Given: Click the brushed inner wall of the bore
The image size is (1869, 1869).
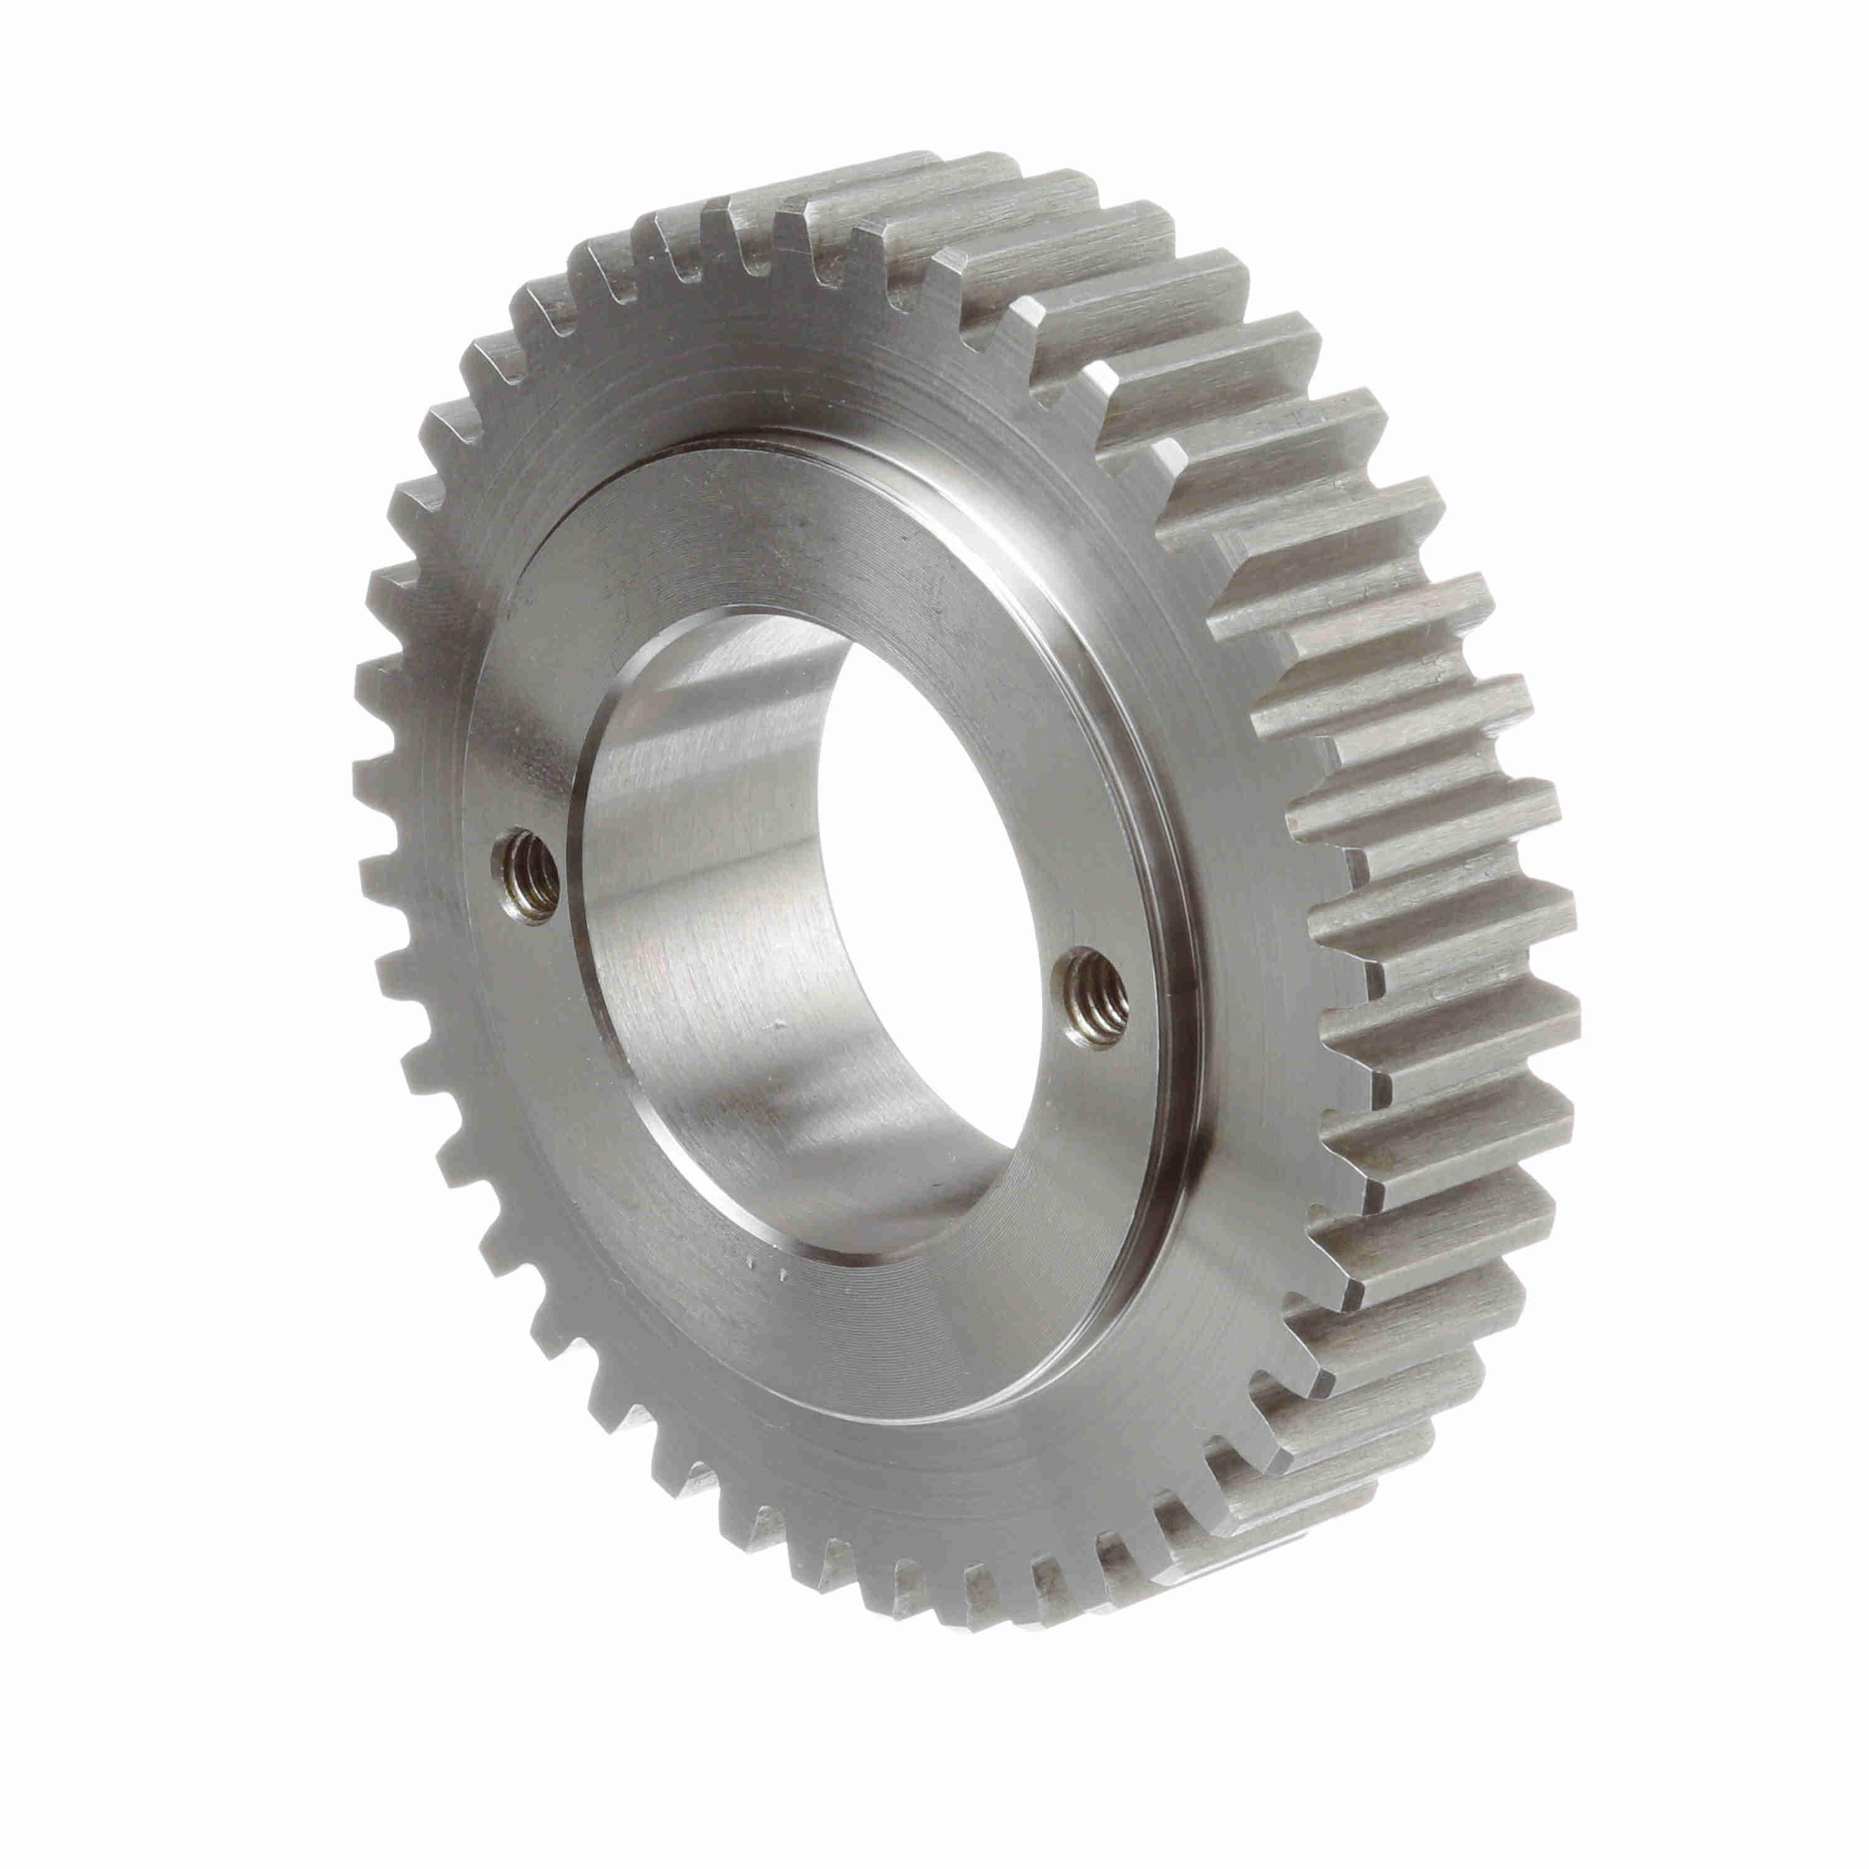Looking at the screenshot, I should (x=706, y=968).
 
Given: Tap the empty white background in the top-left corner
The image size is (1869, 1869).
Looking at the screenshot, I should (x=97, y=97).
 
